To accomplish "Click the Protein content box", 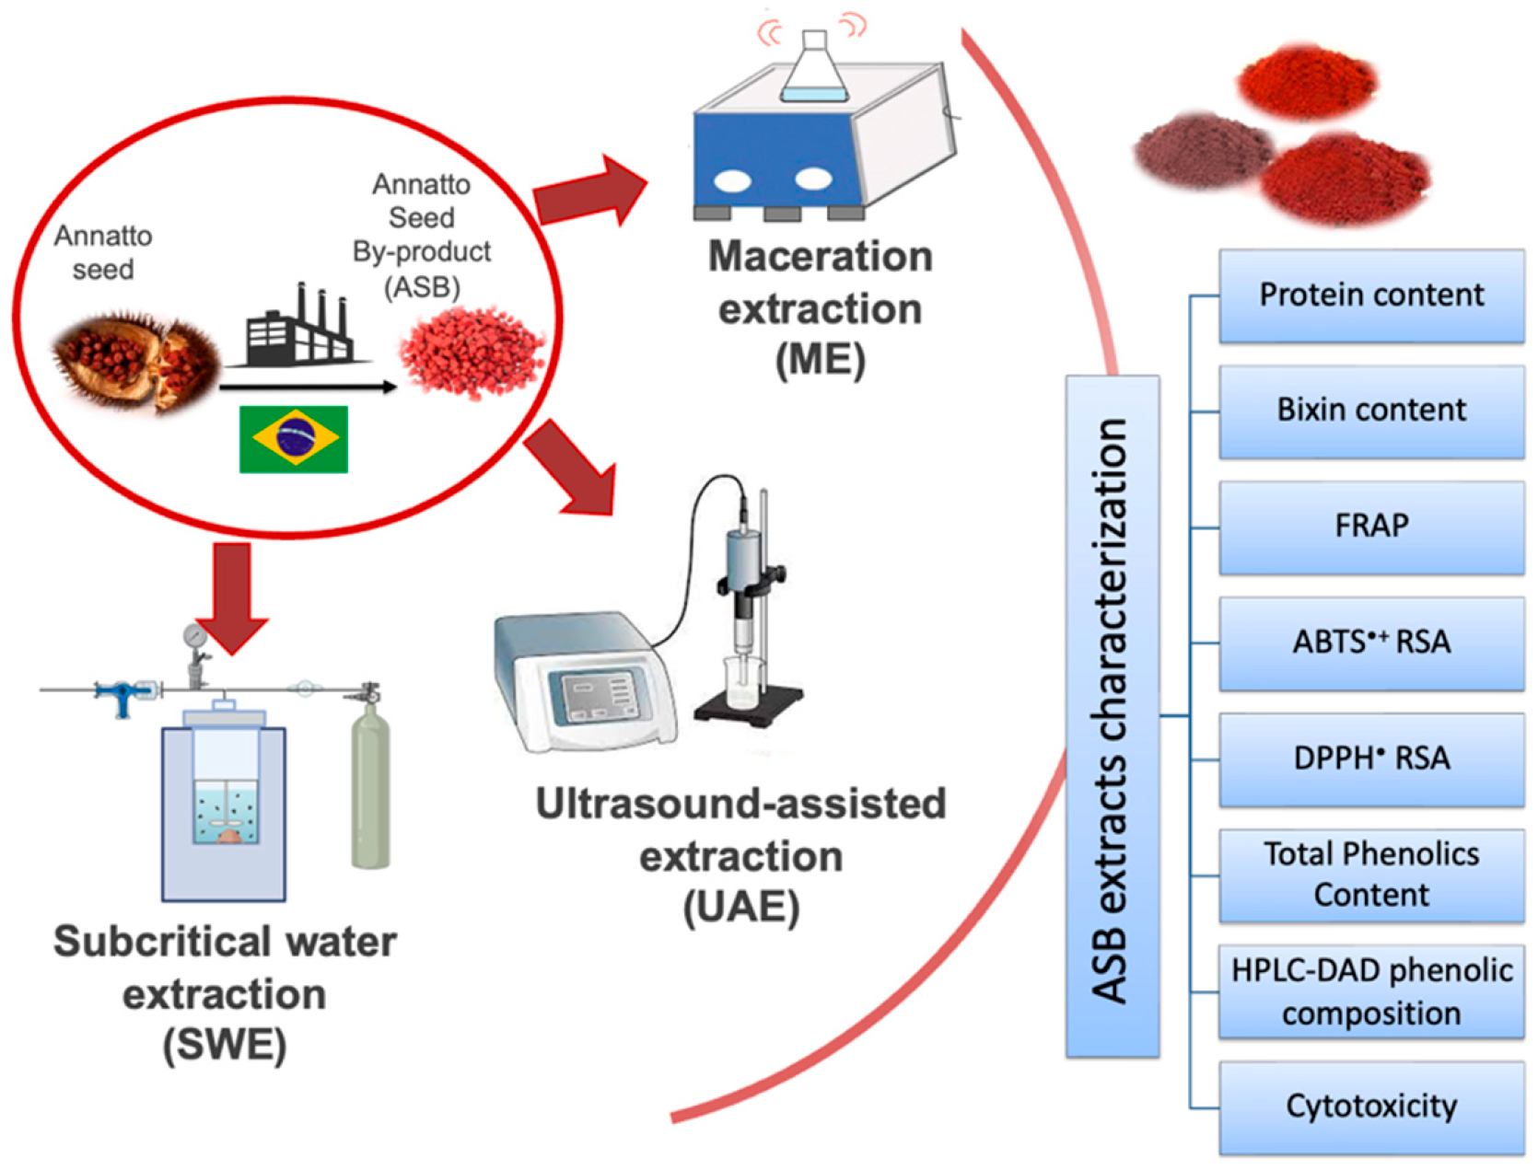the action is point(1371,295).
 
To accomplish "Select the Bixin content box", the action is point(1371,411).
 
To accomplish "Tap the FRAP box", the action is point(1371,527).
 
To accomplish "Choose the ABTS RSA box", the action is point(1371,643).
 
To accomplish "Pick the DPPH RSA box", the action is point(1371,759).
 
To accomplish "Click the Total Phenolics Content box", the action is point(1371,875).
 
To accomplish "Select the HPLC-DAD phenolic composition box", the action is point(1371,991).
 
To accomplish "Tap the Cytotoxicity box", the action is point(1371,1107).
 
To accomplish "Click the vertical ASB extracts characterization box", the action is point(1113,715).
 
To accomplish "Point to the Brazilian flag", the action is point(294,439).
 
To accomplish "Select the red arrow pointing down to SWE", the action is point(232,599).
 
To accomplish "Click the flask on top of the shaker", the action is point(815,65).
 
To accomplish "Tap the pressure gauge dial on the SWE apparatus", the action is point(194,635).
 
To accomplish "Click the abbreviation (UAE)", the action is point(740,909).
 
